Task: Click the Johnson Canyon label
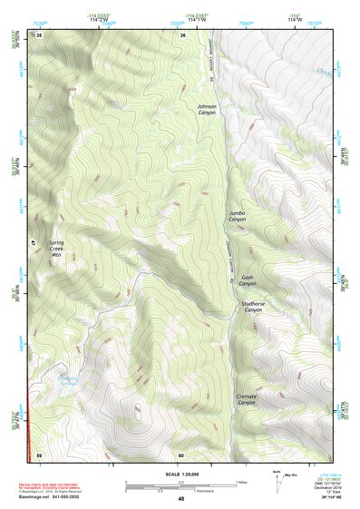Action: [x=207, y=110]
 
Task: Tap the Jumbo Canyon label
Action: [x=237, y=216]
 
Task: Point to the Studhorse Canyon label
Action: [x=251, y=307]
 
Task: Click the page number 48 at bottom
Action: [x=180, y=499]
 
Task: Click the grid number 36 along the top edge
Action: [x=182, y=34]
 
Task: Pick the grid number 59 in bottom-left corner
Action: [x=39, y=455]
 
